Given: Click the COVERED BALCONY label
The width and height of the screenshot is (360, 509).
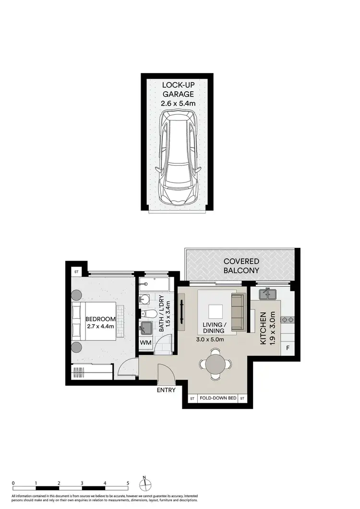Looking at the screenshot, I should (x=241, y=266).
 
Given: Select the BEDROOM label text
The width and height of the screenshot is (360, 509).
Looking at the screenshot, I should (x=100, y=319).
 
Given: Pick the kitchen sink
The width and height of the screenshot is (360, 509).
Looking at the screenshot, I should (x=267, y=293).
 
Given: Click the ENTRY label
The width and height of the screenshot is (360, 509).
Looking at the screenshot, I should (x=166, y=390).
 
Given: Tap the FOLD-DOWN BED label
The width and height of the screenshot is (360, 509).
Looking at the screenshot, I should (x=218, y=399).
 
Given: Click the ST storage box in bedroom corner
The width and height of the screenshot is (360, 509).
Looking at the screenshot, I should (x=76, y=272).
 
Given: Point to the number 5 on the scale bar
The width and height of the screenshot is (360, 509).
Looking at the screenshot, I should (x=128, y=483).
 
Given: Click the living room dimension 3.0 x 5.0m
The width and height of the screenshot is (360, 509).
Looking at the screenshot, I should (x=210, y=339).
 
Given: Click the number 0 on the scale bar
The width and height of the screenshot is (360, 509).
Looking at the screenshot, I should (x=13, y=483).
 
